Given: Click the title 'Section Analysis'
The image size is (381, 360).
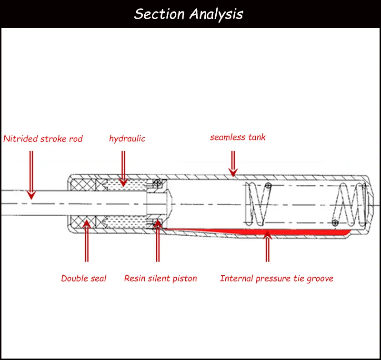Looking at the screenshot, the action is [189, 14].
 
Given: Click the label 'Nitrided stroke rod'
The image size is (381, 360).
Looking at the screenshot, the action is [43, 139].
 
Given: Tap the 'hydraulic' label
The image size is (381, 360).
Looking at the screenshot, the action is [127, 139].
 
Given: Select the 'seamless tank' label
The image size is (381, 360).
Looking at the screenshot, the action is [238, 137].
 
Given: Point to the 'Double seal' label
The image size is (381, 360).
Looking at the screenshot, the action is [84, 278].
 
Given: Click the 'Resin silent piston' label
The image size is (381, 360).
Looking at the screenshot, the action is [160, 279].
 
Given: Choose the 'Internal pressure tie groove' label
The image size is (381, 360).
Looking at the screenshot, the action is [277, 279].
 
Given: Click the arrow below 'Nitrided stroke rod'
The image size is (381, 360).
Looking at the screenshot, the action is [31, 175].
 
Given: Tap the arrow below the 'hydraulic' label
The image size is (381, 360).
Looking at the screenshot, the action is [123, 169].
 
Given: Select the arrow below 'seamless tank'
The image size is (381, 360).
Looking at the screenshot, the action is [233, 164].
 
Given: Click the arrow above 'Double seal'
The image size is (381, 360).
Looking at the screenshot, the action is [87, 241].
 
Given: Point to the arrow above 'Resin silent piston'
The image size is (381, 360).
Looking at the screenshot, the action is [158, 240].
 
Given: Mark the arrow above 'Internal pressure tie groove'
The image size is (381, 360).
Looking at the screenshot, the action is [268, 246].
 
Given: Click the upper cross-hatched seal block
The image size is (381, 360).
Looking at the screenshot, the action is [83, 185].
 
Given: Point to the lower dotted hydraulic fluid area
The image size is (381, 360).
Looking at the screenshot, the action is [126, 222].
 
